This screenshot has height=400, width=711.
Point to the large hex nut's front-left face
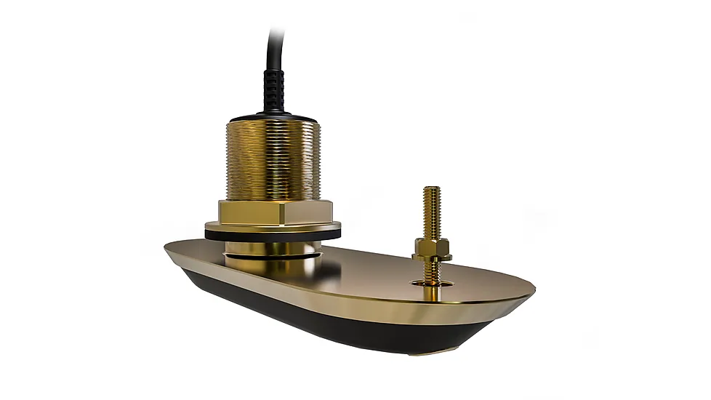pyautogui.click(x=244, y=215)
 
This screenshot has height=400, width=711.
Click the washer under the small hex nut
pyautogui.click(x=432, y=257)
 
